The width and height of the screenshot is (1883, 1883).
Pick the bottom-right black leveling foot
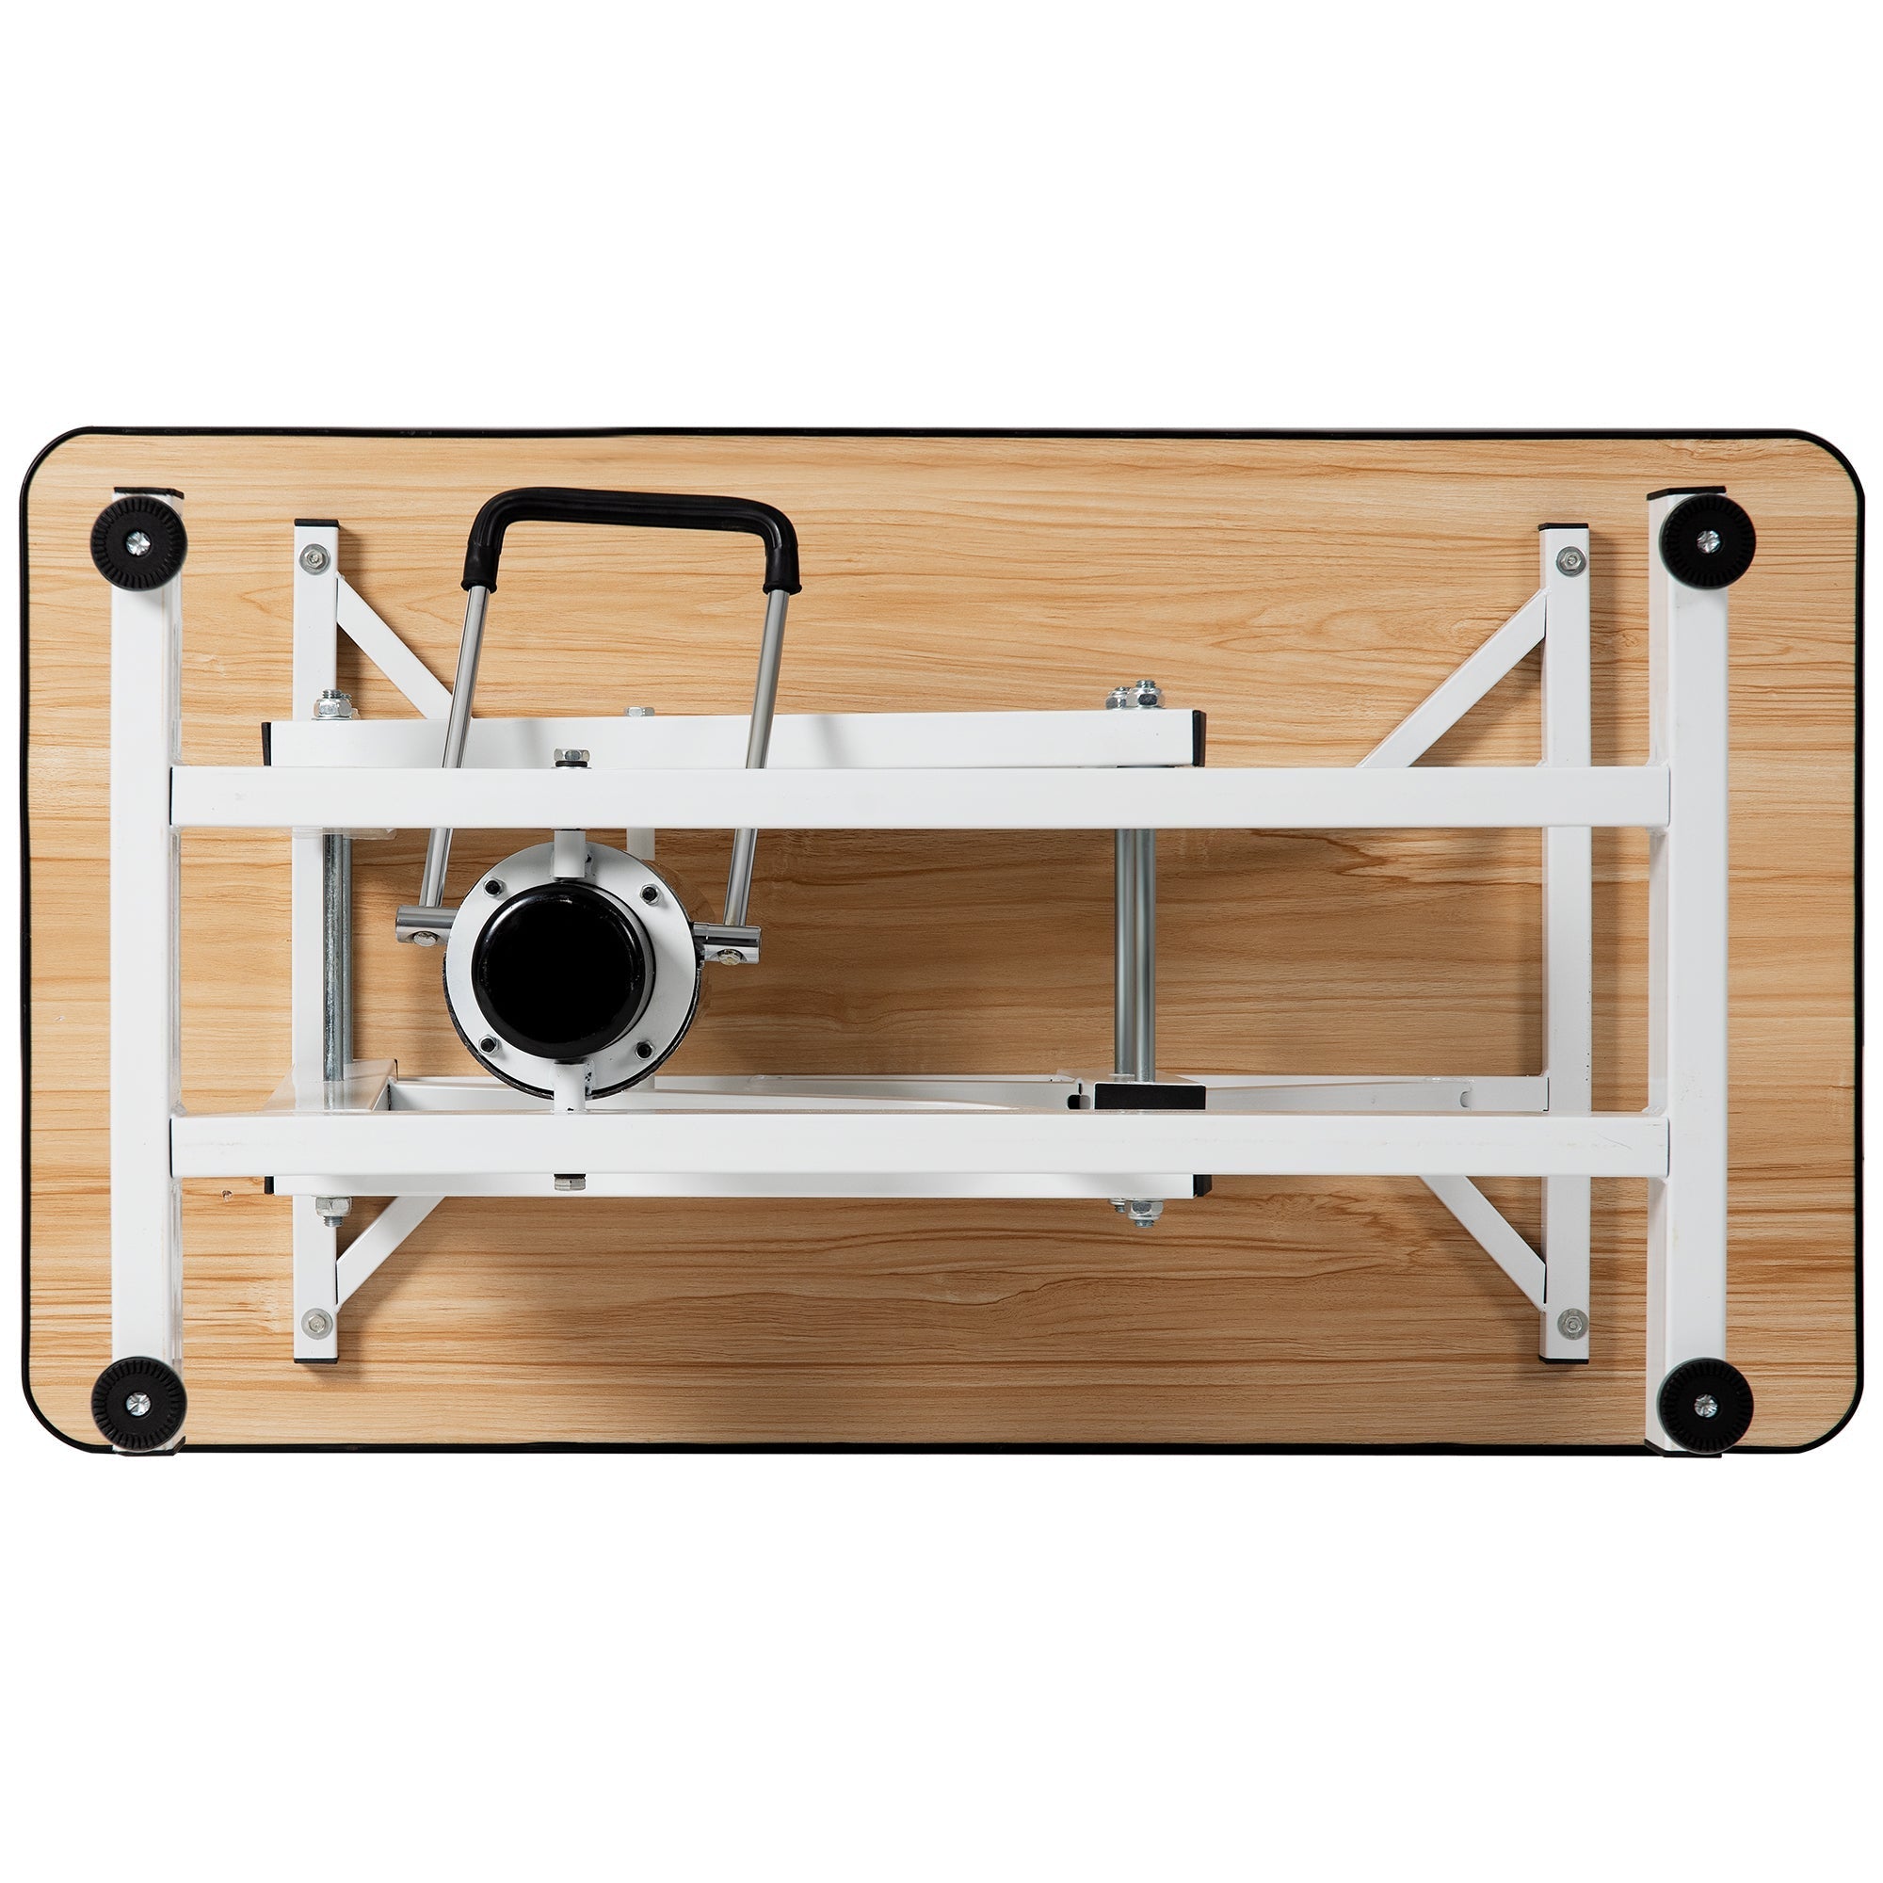click(x=1706, y=1404)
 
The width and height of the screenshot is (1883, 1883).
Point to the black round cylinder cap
click(x=556, y=975)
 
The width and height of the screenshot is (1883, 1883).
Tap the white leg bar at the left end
click(x=146, y=974)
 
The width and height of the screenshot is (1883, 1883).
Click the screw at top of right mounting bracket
click(x=1569, y=558)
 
